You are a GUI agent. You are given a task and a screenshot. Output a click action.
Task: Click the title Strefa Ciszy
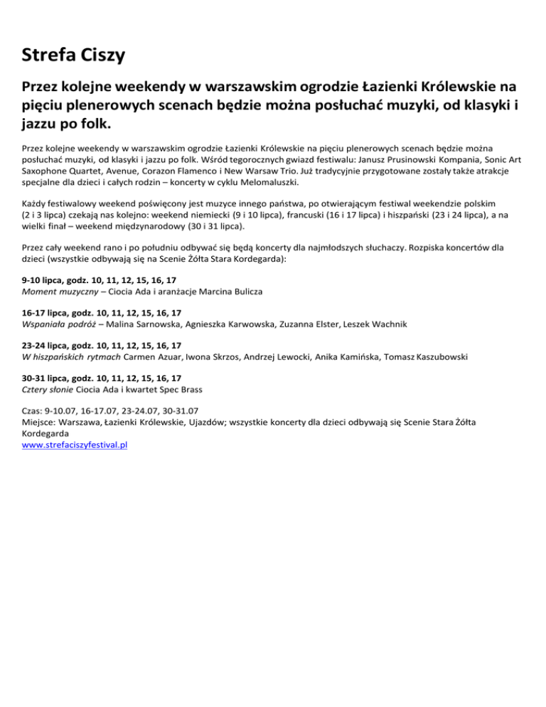coord(75,54)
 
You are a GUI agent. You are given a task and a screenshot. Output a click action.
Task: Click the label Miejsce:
coord(40,422)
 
